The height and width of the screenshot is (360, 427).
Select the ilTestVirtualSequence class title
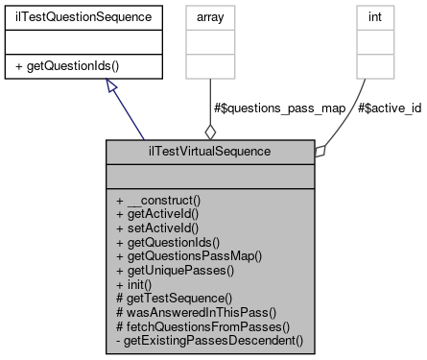click(210, 151)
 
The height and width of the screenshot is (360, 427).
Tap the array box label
click(210, 16)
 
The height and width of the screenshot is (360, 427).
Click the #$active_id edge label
click(389, 108)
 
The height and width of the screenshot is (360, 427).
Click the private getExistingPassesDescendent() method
click(207, 341)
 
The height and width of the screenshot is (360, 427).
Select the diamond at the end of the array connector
click(210, 130)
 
